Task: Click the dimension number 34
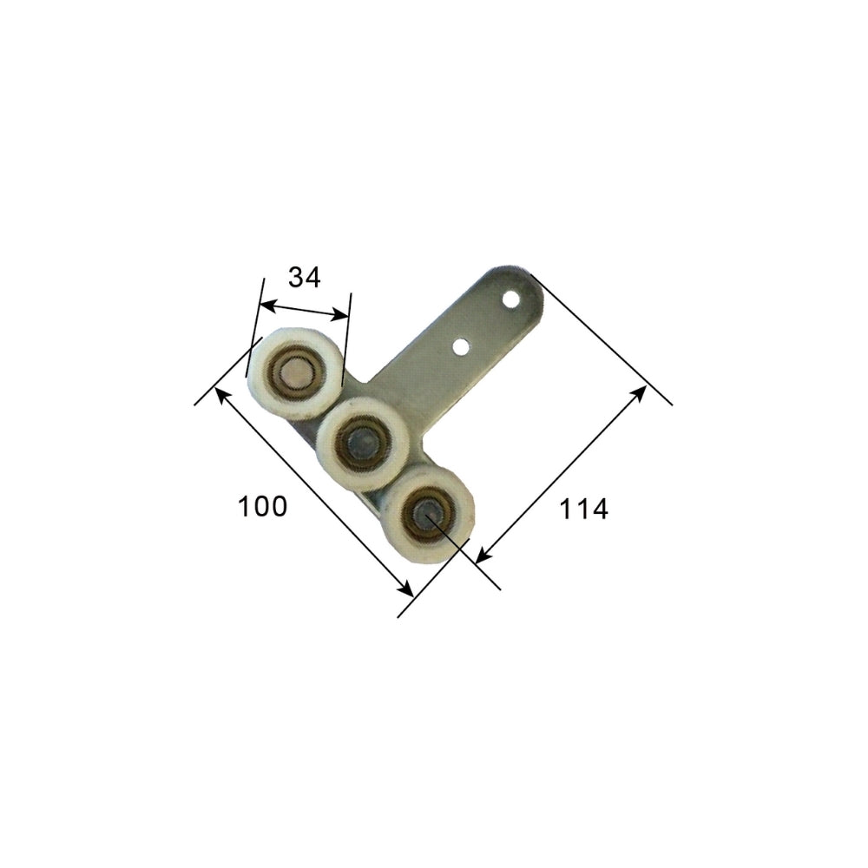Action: pyautogui.click(x=305, y=278)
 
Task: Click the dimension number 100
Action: pyautogui.click(x=262, y=506)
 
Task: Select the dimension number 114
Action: pyautogui.click(x=583, y=510)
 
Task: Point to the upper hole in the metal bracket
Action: pyautogui.click(x=512, y=299)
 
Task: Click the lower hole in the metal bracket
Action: pyautogui.click(x=461, y=347)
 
